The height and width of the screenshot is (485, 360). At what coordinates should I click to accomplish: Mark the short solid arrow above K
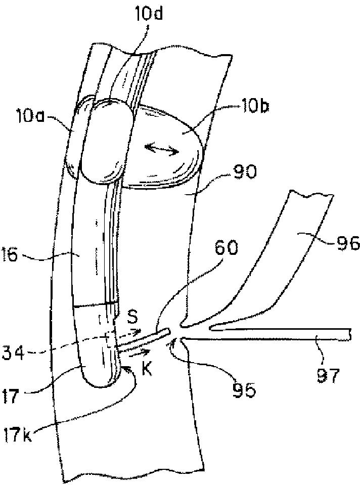[139, 352]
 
